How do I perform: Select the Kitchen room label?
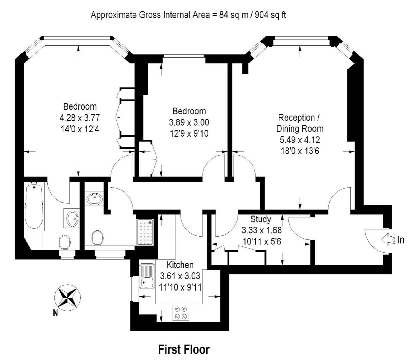pyautogui.click(x=180, y=265)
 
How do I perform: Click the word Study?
pyautogui.click(x=260, y=219)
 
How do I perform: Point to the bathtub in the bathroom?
pyautogui.click(x=34, y=206)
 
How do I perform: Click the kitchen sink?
pyautogui.click(x=147, y=276)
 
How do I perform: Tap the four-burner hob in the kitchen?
pyautogui.click(x=181, y=313)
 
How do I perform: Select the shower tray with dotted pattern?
pyautogui.click(x=145, y=232)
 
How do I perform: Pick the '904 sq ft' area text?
pyautogui.click(x=270, y=15)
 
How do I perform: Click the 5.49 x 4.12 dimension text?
pyautogui.click(x=300, y=140)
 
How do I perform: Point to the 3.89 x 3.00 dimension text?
pyautogui.click(x=189, y=122)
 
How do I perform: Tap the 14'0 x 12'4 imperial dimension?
pyautogui.click(x=80, y=129)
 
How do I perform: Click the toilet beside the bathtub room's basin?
pyautogui.click(x=65, y=242)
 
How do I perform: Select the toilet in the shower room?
pyautogui.click(x=98, y=238)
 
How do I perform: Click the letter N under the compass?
pyautogui.click(x=55, y=313)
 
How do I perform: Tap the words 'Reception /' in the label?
pyautogui.click(x=299, y=118)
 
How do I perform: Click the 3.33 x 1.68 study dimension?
pyautogui.click(x=261, y=230)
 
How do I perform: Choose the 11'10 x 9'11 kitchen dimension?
pyautogui.click(x=180, y=287)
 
